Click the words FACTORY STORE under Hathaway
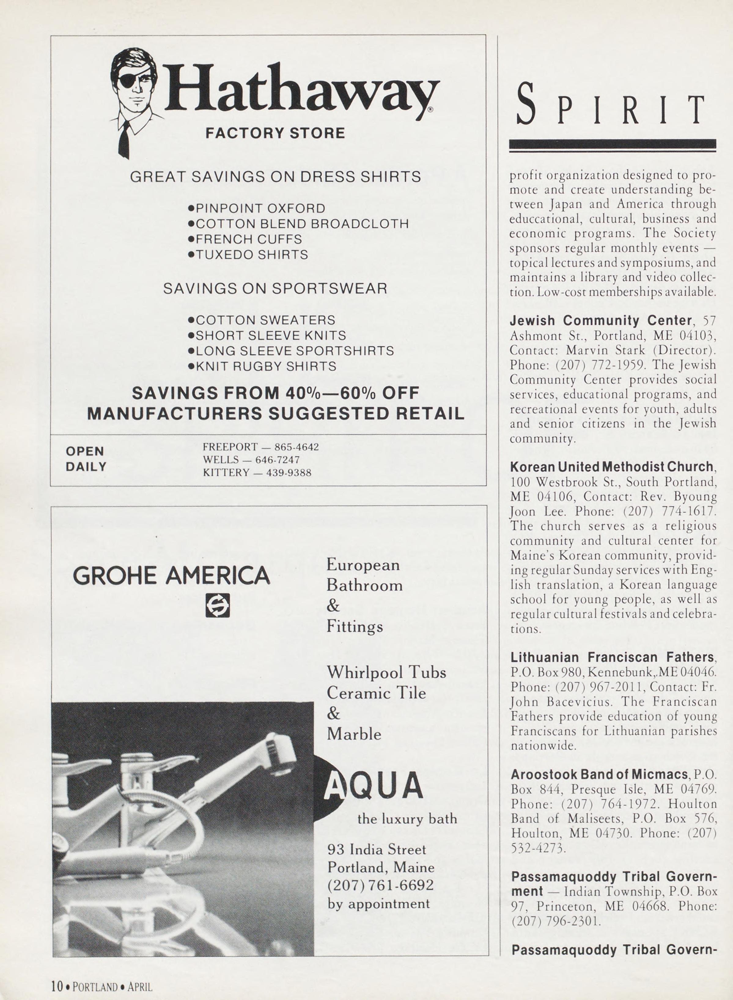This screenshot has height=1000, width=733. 275,133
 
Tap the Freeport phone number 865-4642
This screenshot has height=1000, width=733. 297,447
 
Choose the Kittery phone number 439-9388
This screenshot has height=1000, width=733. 289,473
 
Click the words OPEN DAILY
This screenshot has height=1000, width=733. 86,459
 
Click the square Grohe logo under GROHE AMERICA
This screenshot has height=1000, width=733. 217,605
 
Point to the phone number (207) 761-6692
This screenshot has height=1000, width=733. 380,885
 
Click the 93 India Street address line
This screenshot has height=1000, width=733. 376,849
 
